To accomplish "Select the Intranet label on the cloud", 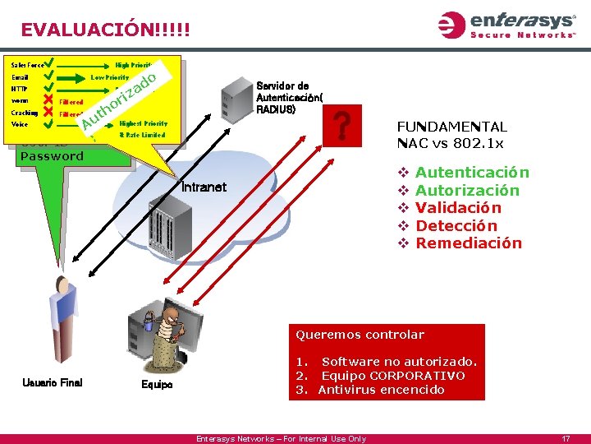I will (204, 187).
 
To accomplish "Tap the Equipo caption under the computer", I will (157, 384).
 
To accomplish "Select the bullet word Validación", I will (458, 208).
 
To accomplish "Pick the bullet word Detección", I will (456, 225).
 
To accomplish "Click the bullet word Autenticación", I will (472, 173).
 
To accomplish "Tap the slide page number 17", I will (566, 438).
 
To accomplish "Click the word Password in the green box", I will (52, 156).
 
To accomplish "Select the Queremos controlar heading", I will (360, 335).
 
